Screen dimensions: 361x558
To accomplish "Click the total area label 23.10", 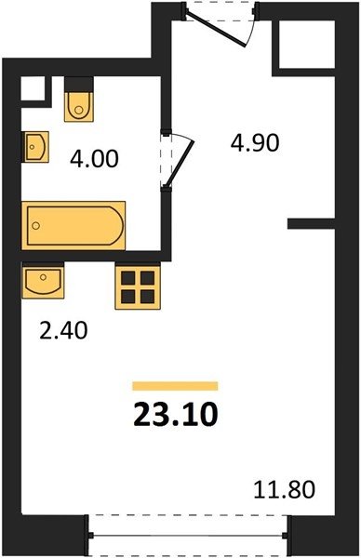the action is coord(176,415).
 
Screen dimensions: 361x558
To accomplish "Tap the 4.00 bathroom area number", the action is coord(94,159).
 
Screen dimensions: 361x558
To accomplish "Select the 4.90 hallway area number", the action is coord(255,143).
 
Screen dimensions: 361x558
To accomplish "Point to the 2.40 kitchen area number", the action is coord(63,330).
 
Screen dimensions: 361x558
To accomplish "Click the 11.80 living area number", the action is coord(284,489).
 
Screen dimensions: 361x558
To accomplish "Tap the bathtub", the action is coord(74,225).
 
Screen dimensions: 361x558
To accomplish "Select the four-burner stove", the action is coord(138,286).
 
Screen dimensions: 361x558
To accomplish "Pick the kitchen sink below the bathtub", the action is coord(43,280).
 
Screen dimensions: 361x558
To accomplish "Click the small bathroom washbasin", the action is coord(35,147).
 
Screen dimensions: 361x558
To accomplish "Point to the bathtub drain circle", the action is coord(35,225).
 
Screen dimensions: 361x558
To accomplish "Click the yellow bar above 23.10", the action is coord(175,386).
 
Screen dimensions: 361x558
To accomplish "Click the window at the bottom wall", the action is coord(188,535).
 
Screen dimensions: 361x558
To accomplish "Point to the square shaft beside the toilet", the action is coord(33,88).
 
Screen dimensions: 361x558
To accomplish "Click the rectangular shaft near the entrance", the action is coord(306,44).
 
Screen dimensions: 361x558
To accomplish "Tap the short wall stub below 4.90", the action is coord(311,223).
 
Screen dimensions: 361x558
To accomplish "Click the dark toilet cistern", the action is coord(79,85).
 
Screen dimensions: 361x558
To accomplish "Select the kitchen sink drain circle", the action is coord(44,276).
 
